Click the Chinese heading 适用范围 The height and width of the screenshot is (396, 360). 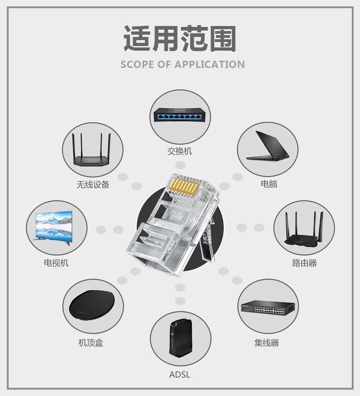[180, 39]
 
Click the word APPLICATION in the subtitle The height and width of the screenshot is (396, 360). [210, 64]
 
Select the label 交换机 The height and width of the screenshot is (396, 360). [180, 151]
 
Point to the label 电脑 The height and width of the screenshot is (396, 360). [269, 184]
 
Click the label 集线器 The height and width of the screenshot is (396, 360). [267, 343]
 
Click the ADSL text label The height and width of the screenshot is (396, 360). [180, 375]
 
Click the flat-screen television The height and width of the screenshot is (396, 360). [54, 226]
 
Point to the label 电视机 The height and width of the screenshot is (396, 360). [56, 263]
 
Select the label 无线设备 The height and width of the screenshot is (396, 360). [93, 185]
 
